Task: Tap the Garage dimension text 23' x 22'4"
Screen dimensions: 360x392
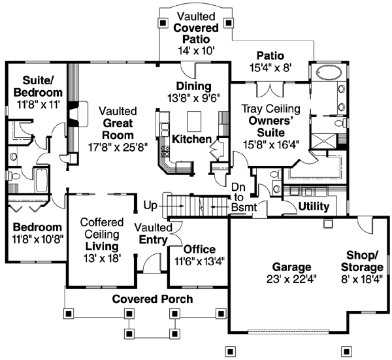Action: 283,279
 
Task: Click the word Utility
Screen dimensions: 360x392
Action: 313,206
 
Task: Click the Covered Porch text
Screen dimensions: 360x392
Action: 152,299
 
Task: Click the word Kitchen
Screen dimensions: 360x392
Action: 191,139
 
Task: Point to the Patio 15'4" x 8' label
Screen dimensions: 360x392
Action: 269,61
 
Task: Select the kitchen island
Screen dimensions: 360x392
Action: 193,121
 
